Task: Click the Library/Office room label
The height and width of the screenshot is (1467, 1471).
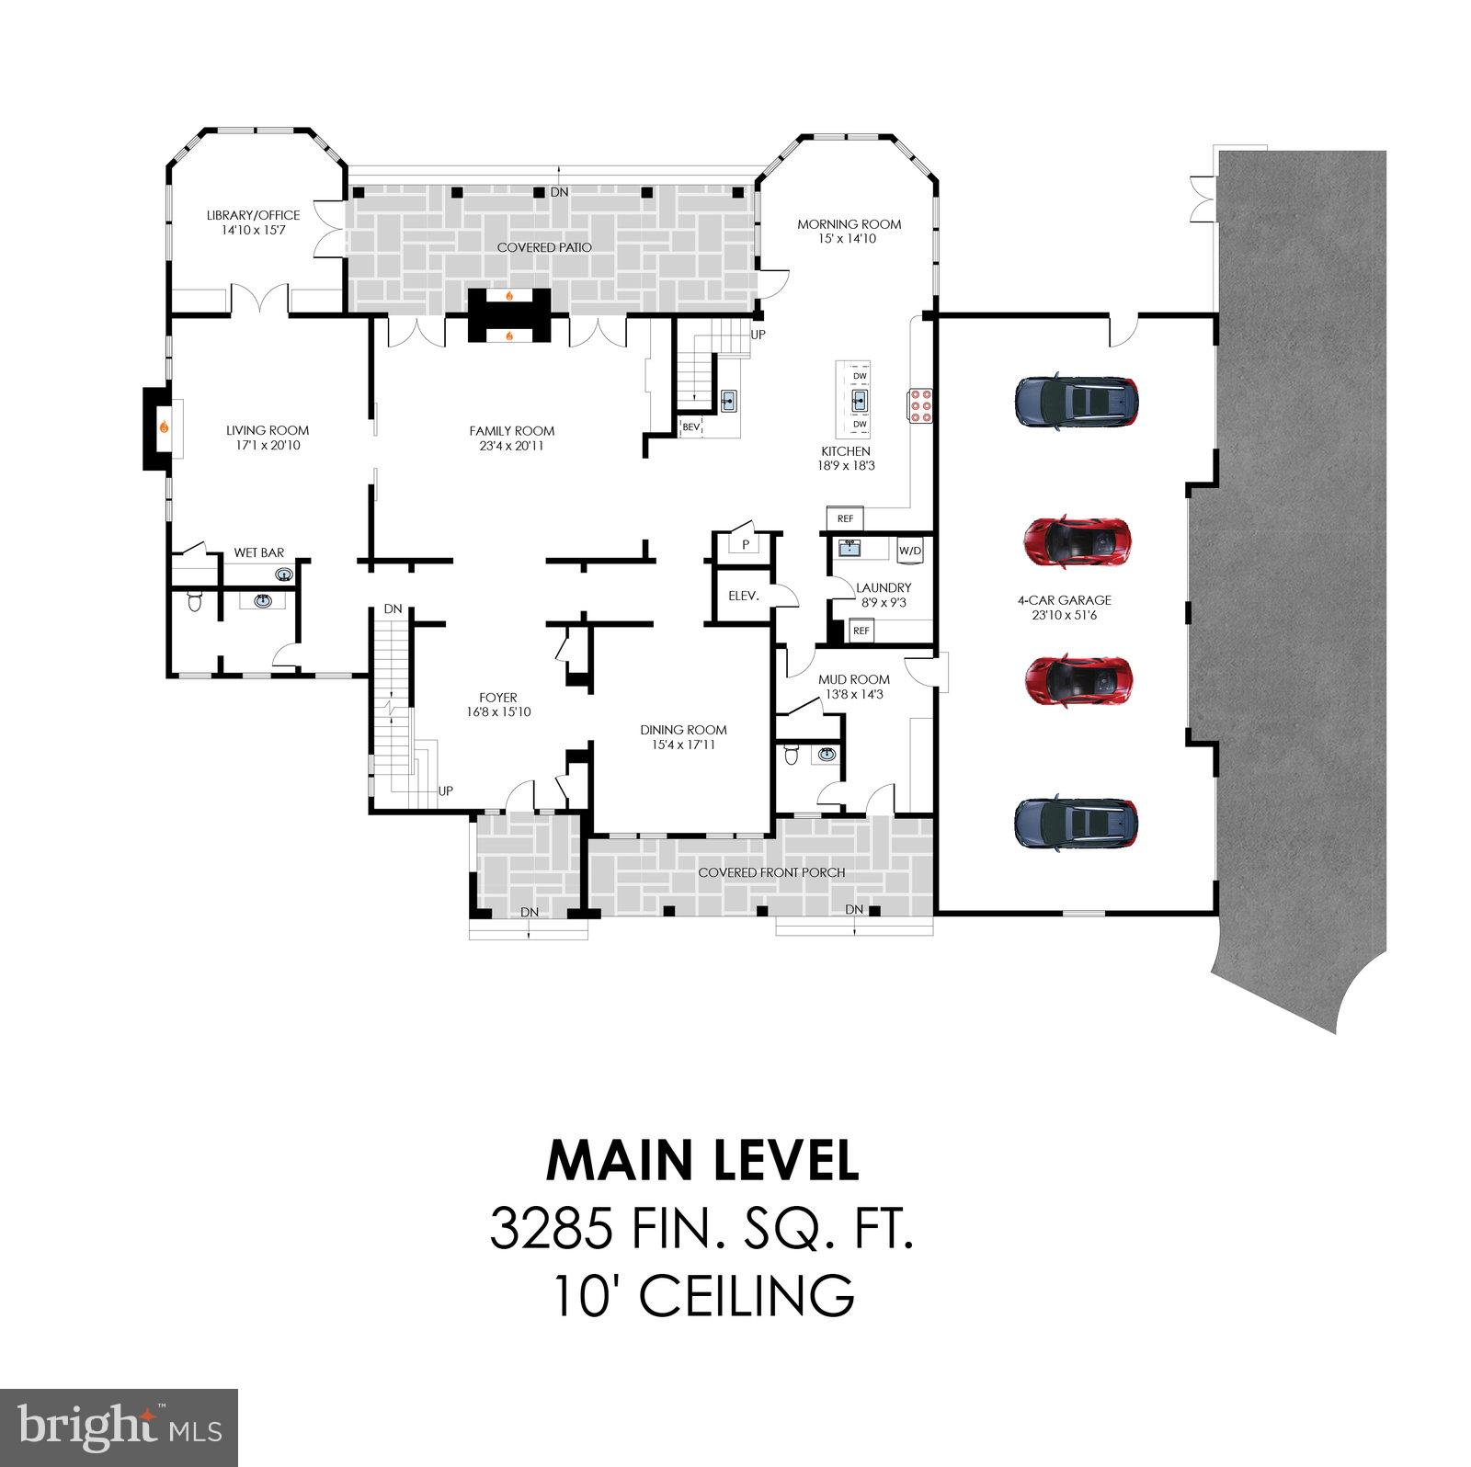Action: [x=253, y=215]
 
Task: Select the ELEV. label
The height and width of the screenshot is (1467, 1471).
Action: [x=743, y=596]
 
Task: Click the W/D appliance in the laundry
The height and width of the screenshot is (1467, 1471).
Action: [x=909, y=551]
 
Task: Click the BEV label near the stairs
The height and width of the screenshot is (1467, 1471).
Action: [x=690, y=426]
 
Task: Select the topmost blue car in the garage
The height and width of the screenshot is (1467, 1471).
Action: [x=1077, y=401]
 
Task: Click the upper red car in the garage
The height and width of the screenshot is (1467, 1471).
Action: [x=1077, y=540]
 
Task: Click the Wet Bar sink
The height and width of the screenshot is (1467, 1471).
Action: [x=284, y=575]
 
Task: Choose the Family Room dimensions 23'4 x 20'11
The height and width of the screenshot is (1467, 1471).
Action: [x=511, y=446]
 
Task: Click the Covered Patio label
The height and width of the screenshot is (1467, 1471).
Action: [x=544, y=247]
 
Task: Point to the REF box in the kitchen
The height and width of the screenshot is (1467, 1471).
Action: [x=845, y=519]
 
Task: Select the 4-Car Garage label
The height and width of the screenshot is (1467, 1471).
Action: [x=1064, y=600]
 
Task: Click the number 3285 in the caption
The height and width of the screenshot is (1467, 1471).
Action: [x=551, y=1230]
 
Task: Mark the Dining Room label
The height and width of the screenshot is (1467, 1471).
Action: [x=683, y=730]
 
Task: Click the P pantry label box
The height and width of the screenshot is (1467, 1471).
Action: [x=746, y=544]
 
